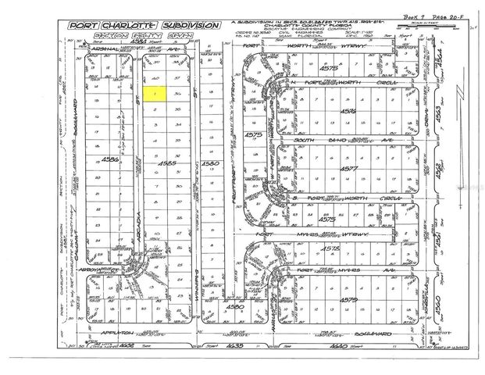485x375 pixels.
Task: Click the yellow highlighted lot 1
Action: tap(155, 94)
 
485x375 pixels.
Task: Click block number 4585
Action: tap(166, 164)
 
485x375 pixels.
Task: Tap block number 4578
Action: tap(355, 248)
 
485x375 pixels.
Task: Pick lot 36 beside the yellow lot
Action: tap(179, 95)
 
